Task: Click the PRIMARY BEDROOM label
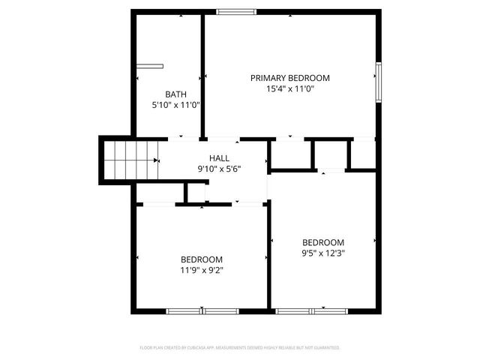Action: click(289, 78)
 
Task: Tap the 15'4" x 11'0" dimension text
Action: click(289, 88)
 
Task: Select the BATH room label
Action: click(175, 94)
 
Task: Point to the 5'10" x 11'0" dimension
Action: click(175, 105)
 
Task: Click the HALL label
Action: click(220, 157)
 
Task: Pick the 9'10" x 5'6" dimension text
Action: click(220, 168)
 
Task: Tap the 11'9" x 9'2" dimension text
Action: click(201, 270)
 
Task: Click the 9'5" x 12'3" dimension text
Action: click(322, 253)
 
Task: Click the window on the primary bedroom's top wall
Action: click(236, 11)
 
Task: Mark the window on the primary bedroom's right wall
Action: click(379, 82)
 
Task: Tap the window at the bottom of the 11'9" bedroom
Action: click(202, 310)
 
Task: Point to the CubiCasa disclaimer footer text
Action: click(240, 348)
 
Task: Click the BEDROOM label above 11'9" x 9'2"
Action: click(201, 259)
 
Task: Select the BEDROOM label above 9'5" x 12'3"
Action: click(322, 242)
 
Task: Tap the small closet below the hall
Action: click(195, 192)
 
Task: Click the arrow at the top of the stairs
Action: click(157, 160)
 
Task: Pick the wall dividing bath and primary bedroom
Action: click(202, 75)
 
